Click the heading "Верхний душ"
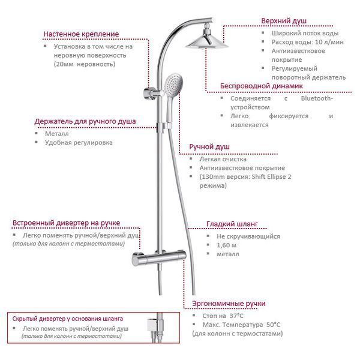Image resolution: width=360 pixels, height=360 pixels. (x=284, y=21)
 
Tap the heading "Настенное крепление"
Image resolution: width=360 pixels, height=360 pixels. (x=81, y=34)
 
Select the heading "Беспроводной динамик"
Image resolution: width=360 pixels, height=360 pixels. (x=261, y=86)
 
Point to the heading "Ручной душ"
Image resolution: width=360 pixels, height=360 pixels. (x=209, y=147)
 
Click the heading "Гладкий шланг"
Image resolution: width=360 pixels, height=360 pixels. (x=232, y=224)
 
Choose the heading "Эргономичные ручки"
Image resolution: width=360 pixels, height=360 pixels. (x=229, y=304)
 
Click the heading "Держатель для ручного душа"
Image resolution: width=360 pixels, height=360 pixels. (x=85, y=121)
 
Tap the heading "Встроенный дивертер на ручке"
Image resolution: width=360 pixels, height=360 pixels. (x=67, y=223)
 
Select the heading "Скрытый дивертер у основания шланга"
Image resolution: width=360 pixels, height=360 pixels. (x=67, y=319)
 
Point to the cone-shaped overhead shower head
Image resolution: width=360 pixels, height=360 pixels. (x=206, y=41)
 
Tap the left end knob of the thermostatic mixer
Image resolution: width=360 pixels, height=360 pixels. (x=137, y=259)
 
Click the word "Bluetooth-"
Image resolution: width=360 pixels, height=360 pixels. (x=317, y=98)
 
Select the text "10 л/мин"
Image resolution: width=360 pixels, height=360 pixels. (x=329, y=42)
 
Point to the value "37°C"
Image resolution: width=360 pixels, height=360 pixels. (x=236, y=316)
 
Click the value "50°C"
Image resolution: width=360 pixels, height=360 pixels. (x=274, y=325)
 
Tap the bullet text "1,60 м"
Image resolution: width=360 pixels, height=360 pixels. (x=226, y=245)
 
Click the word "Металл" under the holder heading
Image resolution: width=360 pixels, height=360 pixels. (x=57, y=134)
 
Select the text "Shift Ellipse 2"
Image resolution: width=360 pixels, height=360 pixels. (x=271, y=177)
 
